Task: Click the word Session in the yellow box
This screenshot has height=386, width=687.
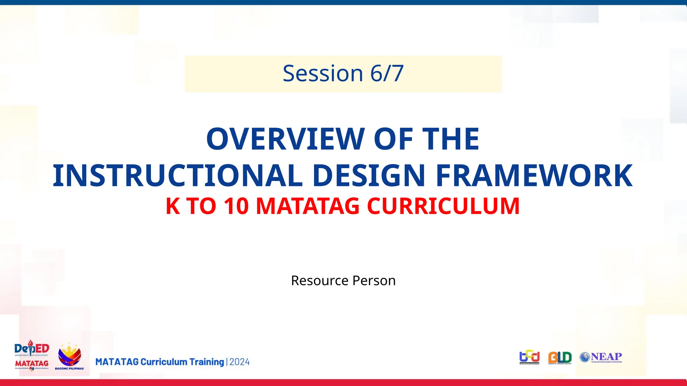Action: point(323,73)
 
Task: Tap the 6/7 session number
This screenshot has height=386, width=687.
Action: point(387,73)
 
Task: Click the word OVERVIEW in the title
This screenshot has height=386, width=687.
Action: point(285,139)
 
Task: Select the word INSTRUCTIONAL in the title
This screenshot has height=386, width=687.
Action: point(178,176)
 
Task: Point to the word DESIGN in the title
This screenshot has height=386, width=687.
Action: point(369,176)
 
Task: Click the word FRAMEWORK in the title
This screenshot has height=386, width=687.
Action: point(534,176)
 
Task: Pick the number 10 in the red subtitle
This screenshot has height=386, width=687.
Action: point(236,206)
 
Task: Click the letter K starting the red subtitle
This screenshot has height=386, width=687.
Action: point(173,206)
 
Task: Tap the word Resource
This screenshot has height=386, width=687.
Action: point(320,281)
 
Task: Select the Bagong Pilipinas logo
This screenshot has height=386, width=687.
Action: point(69,357)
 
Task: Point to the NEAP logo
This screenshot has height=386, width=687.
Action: point(601,357)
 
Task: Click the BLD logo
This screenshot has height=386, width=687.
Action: point(560,358)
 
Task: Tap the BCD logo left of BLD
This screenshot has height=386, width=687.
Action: point(529,357)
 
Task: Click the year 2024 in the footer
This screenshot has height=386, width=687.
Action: point(240,362)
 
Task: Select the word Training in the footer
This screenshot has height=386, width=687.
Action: point(207,362)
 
